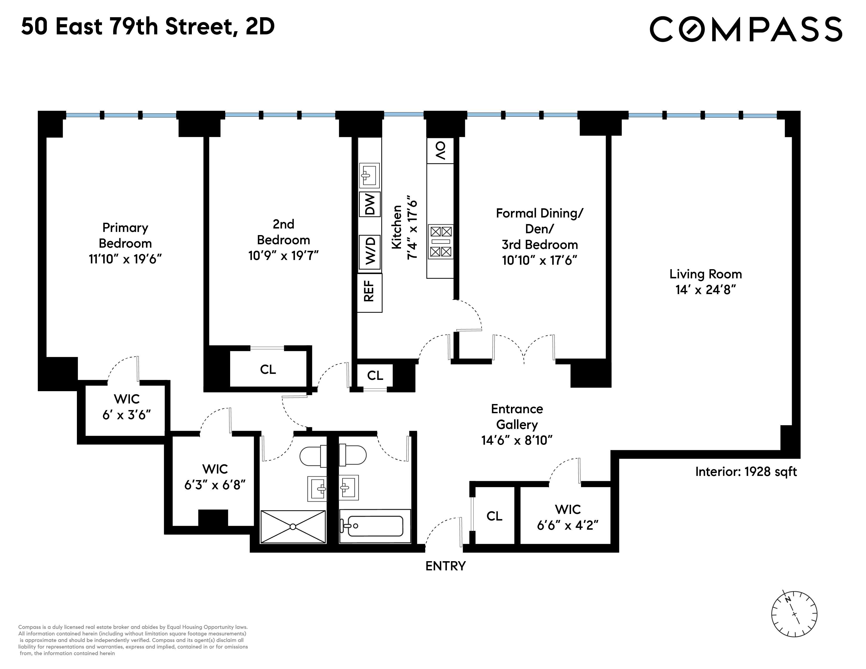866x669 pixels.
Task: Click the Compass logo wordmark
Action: click(746, 29)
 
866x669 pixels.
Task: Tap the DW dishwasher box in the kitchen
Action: click(369, 205)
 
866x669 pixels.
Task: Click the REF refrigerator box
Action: click(369, 292)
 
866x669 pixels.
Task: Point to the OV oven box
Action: click(440, 151)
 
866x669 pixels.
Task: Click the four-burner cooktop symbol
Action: click(441, 241)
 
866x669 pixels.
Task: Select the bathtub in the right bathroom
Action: click(375, 526)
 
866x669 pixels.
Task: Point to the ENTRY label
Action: click(445, 566)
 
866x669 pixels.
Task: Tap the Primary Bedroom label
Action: click(125, 235)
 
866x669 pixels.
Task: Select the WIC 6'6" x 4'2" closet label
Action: click(567, 517)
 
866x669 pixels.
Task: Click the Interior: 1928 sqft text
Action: click(746, 472)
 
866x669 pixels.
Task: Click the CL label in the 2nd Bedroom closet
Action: click(268, 369)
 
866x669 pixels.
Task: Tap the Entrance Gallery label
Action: click(517, 417)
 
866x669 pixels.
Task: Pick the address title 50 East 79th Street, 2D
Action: click(147, 27)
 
